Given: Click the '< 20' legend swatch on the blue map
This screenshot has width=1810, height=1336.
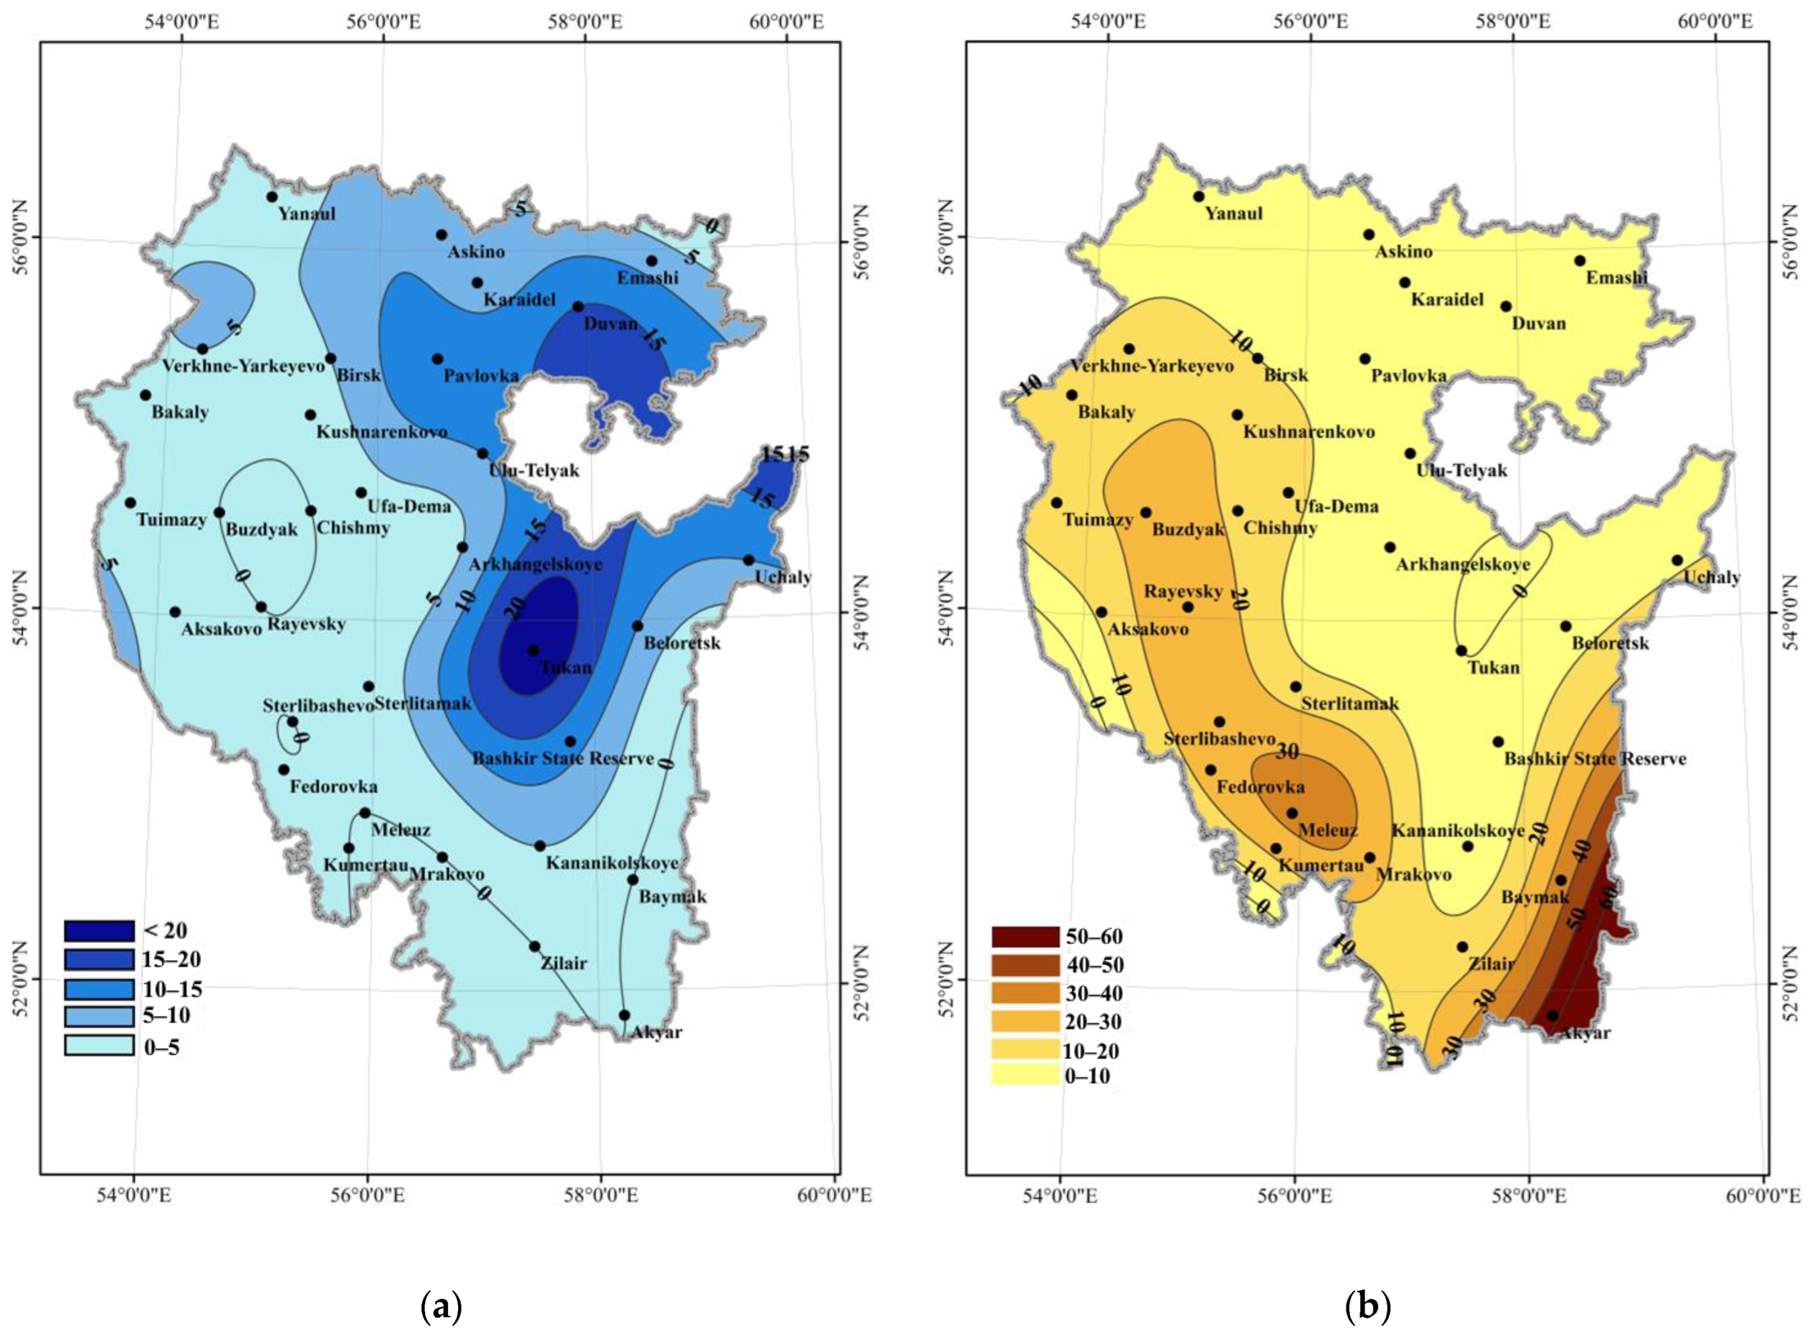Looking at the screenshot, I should (x=99, y=931).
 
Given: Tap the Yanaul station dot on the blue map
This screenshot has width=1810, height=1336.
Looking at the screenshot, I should (x=271, y=196).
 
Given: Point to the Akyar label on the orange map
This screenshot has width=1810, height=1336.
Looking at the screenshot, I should (x=1584, y=1033).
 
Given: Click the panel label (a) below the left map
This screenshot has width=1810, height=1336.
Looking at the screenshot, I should (x=441, y=1307).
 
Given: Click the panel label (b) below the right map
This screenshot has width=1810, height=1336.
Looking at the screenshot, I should (x=1368, y=1307).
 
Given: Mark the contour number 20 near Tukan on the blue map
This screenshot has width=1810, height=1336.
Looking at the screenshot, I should (x=515, y=607).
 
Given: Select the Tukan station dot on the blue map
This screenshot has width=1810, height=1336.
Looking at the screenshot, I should (x=533, y=650).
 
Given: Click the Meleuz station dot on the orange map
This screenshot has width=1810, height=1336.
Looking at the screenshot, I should (x=1292, y=813).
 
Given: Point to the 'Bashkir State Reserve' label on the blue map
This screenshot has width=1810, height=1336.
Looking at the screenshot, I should (x=563, y=759).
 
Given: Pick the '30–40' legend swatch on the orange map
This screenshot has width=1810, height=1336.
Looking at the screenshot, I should (x=1025, y=993).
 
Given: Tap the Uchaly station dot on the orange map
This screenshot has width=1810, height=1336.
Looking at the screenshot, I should (x=1677, y=559).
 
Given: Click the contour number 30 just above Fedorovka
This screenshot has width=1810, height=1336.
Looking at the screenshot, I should (x=1287, y=751).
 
